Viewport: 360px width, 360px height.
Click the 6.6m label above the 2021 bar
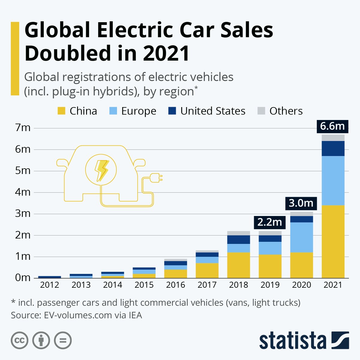[332, 126]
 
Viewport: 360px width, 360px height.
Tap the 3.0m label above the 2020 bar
[301, 203]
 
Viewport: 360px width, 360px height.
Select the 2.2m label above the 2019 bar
[270, 222]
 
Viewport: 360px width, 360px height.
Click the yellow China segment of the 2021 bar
[333, 241]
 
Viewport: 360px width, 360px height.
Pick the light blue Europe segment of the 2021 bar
[333, 181]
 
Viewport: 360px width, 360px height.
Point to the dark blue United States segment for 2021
[333, 148]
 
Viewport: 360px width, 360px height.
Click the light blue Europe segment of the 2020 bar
[301, 237]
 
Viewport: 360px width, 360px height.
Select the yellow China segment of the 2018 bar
[238, 265]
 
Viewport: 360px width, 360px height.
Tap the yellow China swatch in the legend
[61, 111]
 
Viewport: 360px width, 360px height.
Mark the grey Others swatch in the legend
[261, 111]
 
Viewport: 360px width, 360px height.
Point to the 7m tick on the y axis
[23, 128]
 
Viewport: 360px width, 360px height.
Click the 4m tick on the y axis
[23, 192]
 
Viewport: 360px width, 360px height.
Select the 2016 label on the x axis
[175, 285]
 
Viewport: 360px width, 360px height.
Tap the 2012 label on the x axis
[49, 285]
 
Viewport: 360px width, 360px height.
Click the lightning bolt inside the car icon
[101, 170]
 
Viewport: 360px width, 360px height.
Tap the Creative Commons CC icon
[19, 340]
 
